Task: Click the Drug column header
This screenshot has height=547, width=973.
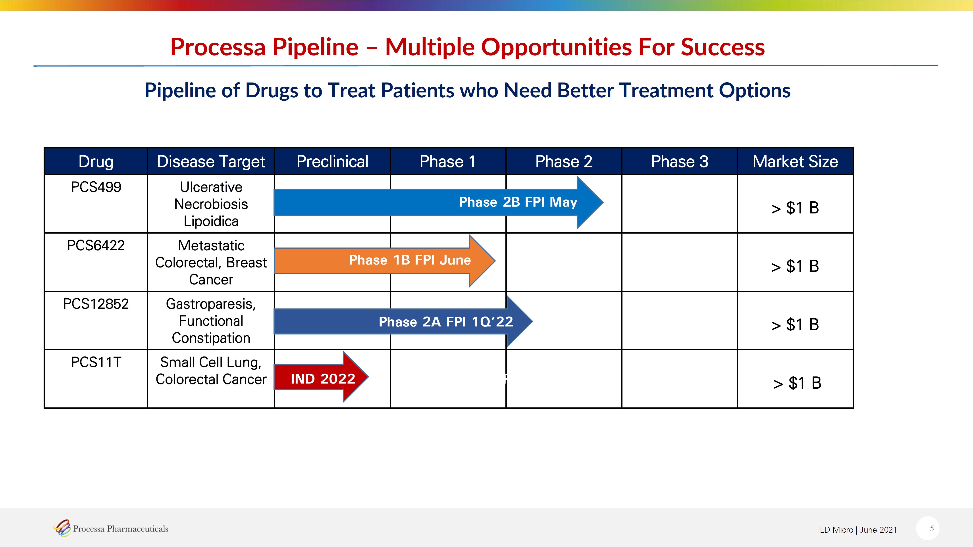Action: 96,161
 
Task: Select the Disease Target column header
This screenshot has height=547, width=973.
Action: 211,161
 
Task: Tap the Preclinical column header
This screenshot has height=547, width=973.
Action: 332,161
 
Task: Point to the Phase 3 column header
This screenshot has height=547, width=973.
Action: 680,161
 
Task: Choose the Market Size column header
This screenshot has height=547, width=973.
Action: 795,161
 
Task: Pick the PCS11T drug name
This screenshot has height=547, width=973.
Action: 96,362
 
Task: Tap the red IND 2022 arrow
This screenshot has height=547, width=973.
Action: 321,377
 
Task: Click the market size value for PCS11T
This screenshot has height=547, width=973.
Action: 797,383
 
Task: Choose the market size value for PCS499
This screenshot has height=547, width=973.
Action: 795,208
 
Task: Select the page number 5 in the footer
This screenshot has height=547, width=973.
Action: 932,528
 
